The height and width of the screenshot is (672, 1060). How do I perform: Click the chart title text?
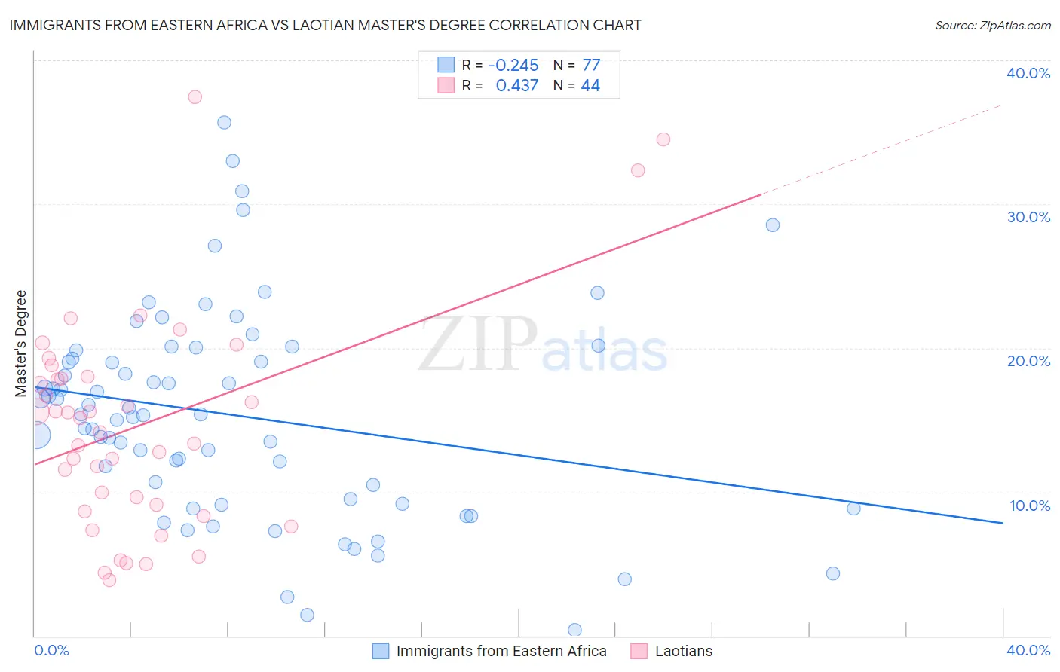pyautogui.click(x=325, y=25)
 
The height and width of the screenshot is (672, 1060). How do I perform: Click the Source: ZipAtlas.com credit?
pyautogui.click(x=992, y=26)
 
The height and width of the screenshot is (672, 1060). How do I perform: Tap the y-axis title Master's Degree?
pyautogui.click(x=21, y=344)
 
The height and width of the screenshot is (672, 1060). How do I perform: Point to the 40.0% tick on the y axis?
pyautogui.click(x=1028, y=73)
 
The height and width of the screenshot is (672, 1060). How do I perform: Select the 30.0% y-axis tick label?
pyautogui.click(x=1028, y=217)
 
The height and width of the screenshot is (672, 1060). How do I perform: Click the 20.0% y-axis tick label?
pyautogui.click(x=1028, y=361)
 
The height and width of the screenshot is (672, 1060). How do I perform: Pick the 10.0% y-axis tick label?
pyautogui.click(x=1028, y=506)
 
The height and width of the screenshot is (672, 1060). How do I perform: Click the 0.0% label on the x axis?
pyautogui.click(x=51, y=650)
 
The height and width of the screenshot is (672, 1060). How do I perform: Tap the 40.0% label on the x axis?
pyautogui.click(x=1028, y=650)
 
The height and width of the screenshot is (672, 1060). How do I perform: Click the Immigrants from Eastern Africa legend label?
pyautogui.click(x=501, y=651)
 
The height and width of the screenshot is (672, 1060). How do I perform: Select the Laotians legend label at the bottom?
pyautogui.click(x=683, y=651)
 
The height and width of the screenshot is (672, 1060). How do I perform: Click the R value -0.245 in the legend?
pyautogui.click(x=513, y=65)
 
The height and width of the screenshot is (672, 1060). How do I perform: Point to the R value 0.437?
pyautogui.click(x=516, y=86)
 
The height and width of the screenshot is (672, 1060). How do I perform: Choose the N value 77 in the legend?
pyautogui.click(x=591, y=65)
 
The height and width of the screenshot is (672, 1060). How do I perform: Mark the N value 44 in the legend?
pyautogui.click(x=590, y=86)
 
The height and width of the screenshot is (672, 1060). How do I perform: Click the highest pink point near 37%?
pyautogui.click(x=195, y=96)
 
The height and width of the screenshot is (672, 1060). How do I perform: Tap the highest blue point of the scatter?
pyautogui.click(x=224, y=122)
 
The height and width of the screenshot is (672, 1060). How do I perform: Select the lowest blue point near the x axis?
pyautogui.click(x=574, y=630)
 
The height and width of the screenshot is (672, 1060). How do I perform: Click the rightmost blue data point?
pyautogui.click(x=853, y=509)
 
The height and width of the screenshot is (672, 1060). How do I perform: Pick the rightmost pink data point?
pyautogui.click(x=663, y=139)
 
